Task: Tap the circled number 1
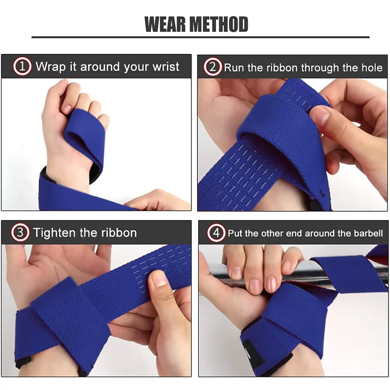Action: coord(23,66)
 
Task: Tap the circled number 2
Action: coord(212,67)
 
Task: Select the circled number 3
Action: coord(20,233)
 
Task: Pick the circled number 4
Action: coord(216,234)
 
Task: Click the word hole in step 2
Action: coord(372,67)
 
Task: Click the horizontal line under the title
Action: coord(200,37)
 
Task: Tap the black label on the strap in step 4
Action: coord(253,354)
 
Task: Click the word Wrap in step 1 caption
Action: coord(49,66)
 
